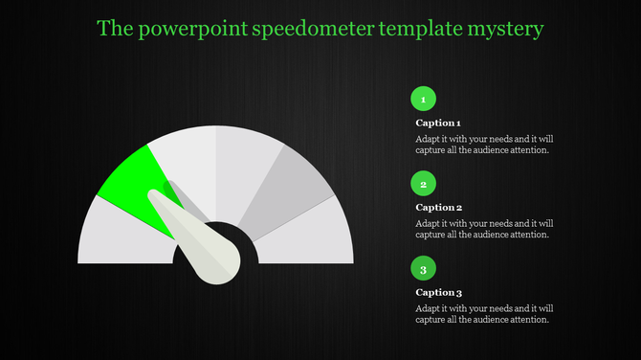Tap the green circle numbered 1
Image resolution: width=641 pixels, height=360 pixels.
(423, 98)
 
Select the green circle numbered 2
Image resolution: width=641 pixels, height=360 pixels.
(423, 182)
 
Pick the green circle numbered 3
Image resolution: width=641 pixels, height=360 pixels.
(423, 267)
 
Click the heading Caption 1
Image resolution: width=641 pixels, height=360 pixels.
(438, 124)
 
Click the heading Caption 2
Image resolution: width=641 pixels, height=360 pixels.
(439, 208)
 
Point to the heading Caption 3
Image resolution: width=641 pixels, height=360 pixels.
(439, 293)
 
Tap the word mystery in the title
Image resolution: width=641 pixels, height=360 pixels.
(507, 29)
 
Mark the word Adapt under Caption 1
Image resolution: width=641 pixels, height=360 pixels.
(429, 138)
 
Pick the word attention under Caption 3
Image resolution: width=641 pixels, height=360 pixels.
(529, 319)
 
